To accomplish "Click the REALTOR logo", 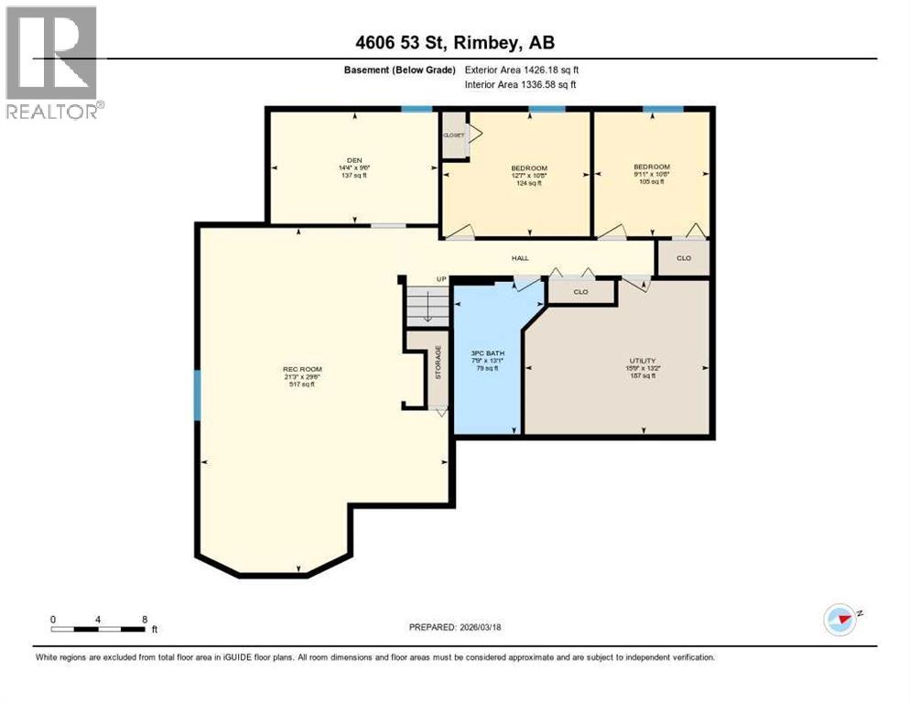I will tap(53, 62).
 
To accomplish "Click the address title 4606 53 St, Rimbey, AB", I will tap(454, 42).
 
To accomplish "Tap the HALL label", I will tap(520, 258).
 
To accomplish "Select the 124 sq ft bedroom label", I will tap(528, 175).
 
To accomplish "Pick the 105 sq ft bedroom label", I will tap(651, 175).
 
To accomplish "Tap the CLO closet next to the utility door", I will tap(580, 292).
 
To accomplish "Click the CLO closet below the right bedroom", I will tap(683, 258).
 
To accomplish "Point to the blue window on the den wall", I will tap(417, 109).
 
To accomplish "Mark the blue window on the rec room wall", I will tap(197, 395).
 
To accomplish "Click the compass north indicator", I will tap(840, 619).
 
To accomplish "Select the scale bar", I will tap(99, 629).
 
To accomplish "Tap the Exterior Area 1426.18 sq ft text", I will tap(522, 70).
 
